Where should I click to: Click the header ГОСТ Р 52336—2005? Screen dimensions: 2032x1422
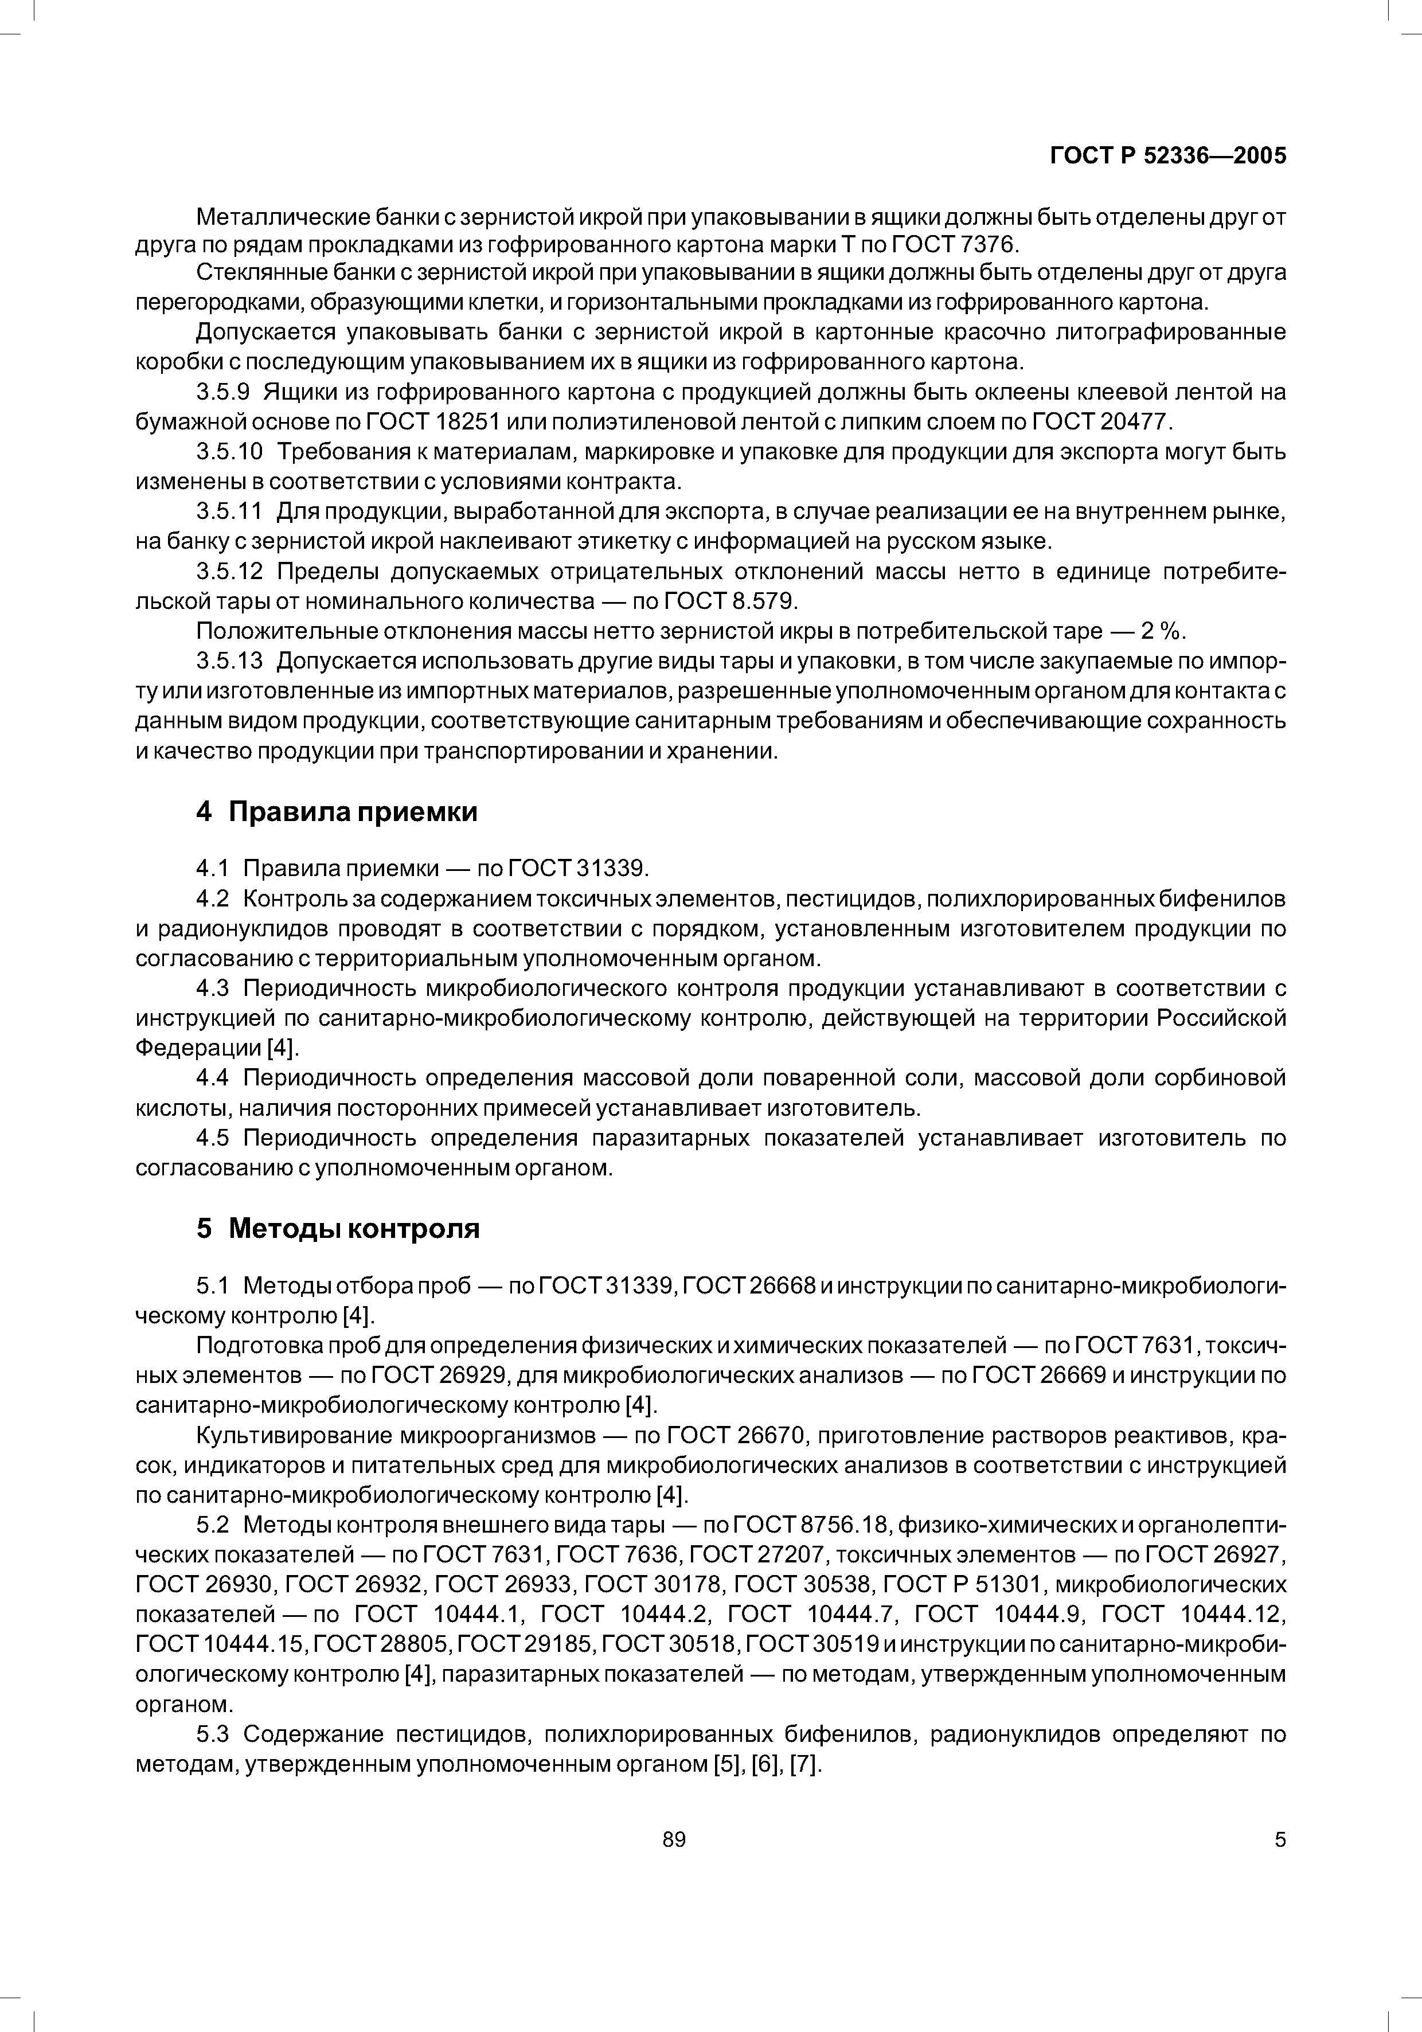point(1167,156)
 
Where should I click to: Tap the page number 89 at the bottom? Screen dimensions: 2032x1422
point(674,1840)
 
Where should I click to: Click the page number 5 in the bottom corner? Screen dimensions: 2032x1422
point(1280,1840)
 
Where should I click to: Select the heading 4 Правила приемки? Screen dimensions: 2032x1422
point(336,811)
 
